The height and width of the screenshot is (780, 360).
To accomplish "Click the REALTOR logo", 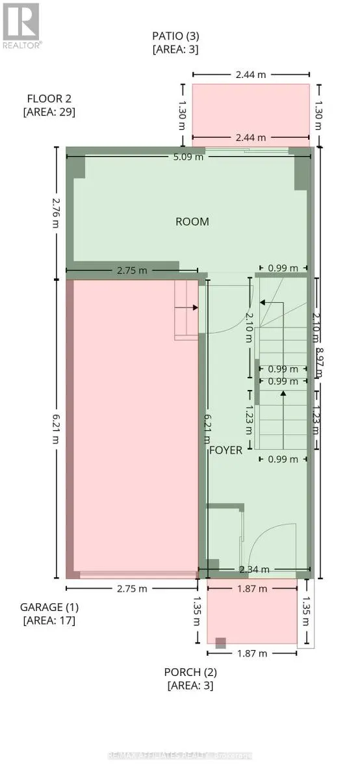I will (x=21, y=25).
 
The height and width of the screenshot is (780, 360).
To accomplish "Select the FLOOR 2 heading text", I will (x=49, y=99).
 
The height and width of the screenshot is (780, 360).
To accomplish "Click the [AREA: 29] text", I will (x=49, y=112).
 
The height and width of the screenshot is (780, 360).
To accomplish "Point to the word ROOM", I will (x=192, y=222).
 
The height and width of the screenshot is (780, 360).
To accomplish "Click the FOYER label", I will (x=225, y=450).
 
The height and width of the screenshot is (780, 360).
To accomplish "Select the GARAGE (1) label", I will (x=49, y=607).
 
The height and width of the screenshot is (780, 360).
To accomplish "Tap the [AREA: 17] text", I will (x=49, y=620).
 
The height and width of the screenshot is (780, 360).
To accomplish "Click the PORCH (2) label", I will (x=190, y=671).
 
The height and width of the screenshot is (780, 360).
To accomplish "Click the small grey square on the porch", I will (x=221, y=643).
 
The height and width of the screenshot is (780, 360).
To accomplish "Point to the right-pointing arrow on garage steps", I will (x=194, y=309).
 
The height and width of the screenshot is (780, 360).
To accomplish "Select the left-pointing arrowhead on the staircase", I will (x=262, y=302).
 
